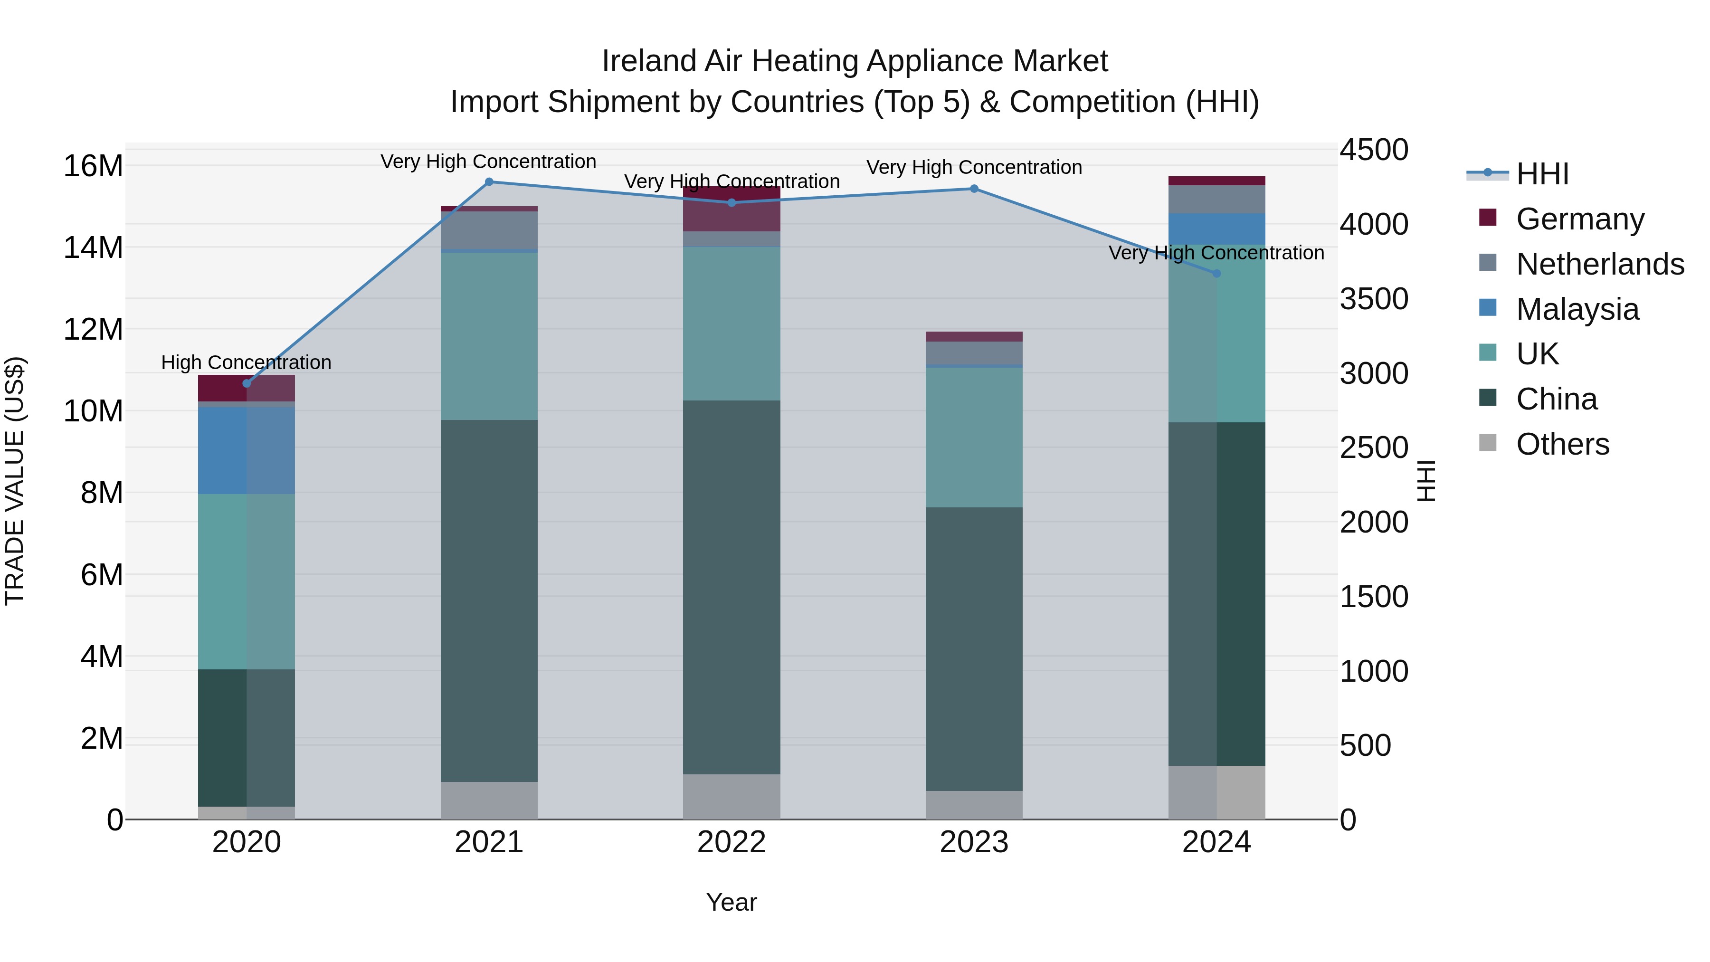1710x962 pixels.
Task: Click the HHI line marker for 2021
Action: [x=489, y=182]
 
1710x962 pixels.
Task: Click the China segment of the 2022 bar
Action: [x=731, y=588]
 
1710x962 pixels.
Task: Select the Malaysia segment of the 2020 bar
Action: [x=246, y=451]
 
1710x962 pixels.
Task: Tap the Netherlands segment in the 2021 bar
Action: [x=489, y=230]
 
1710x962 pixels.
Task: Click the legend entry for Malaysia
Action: [x=1577, y=309]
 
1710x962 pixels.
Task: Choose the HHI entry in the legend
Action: [x=1542, y=174]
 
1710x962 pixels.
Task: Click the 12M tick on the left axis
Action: [x=93, y=329]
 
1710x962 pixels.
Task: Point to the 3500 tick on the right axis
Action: [x=1373, y=299]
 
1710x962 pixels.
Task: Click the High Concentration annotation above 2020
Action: [x=246, y=362]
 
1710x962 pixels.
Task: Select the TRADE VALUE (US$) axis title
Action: [x=15, y=481]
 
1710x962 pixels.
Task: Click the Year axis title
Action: [x=731, y=902]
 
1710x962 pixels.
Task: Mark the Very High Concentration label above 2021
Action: [x=489, y=162]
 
